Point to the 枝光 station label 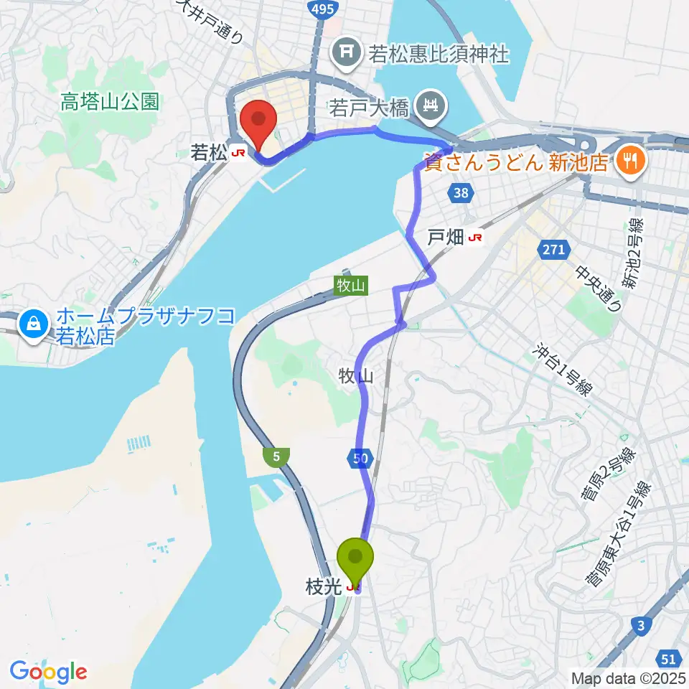[x=320, y=588]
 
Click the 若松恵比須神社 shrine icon [x=345, y=52]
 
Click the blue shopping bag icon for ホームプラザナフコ [x=34, y=324]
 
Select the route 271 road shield [x=553, y=250]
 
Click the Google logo [x=48, y=672]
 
